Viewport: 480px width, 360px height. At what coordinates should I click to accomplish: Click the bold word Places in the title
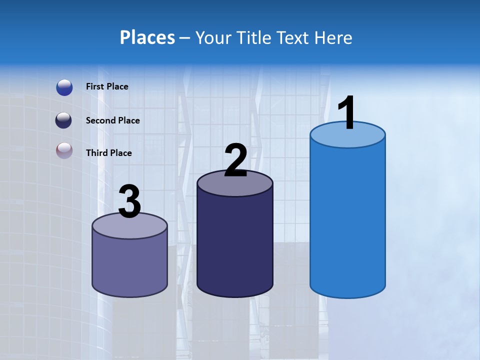pyautogui.click(x=147, y=37)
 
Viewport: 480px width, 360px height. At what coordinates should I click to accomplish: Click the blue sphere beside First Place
pyautogui.click(x=64, y=87)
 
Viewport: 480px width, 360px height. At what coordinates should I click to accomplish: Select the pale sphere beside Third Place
pyautogui.click(x=64, y=151)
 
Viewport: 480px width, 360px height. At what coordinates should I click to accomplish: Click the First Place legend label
pyautogui.click(x=107, y=86)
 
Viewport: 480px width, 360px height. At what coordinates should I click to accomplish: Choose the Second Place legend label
pyautogui.click(x=112, y=120)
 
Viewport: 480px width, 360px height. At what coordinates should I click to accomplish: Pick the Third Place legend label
pyautogui.click(x=108, y=153)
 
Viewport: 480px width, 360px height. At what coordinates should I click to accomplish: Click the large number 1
pyautogui.click(x=347, y=114)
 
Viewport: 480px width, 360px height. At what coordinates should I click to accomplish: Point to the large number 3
pyautogui.click(x=130, y=201)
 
